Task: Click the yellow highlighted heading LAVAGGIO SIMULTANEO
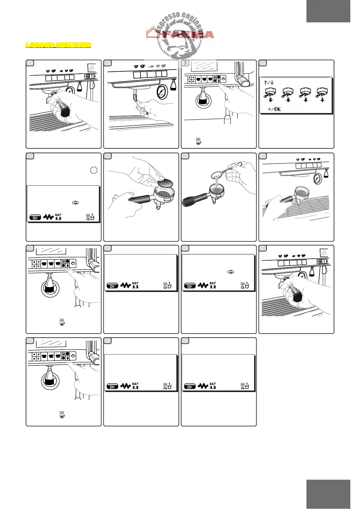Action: [58, 45]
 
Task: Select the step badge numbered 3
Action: [185, 63]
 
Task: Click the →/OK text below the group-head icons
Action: [274, 109]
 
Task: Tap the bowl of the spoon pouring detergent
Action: [216, 174]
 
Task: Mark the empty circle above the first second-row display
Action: [94, 170]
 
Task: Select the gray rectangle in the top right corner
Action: [328, 11]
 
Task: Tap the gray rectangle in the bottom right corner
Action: [328, 494]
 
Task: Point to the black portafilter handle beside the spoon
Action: [194, 200]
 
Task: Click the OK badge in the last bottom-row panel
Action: [190, 387]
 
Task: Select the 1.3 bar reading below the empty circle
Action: [58, 218]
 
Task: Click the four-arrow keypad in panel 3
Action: [191, 79]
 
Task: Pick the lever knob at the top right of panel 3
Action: [244, 81]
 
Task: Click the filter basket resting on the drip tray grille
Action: [301, 193]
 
